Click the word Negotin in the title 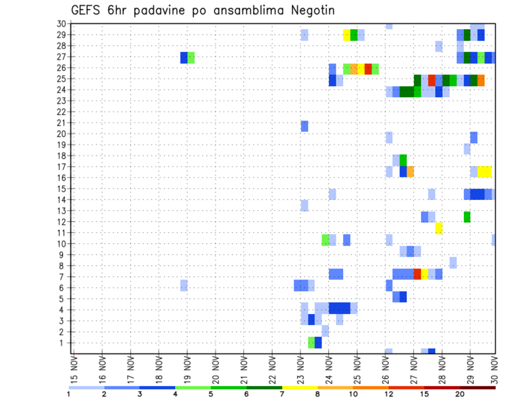[311, 10]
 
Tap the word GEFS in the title [88, 10]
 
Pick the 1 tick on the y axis [63, 343]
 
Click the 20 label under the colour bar [460, 394]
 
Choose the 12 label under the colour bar [388, 394]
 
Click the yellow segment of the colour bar [300, 387]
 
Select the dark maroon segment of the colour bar [477, 387]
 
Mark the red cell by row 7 [417, 274]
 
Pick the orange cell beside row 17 [410, 171]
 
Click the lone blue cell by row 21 [304, 126]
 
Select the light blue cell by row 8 [453, 263]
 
